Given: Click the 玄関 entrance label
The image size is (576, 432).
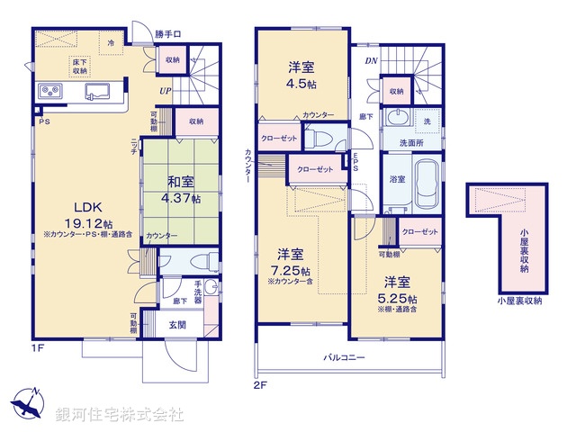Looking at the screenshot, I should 177,325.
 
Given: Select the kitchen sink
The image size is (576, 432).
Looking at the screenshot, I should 97,91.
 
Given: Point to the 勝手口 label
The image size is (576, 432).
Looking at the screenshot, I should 167,34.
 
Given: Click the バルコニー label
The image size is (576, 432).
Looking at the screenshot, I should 345,357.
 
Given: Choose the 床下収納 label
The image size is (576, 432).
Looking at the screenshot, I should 80,65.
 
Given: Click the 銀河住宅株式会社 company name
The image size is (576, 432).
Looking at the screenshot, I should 119,415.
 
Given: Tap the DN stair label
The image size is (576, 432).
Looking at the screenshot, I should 371,61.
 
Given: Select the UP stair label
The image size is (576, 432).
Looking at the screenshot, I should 166,91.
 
